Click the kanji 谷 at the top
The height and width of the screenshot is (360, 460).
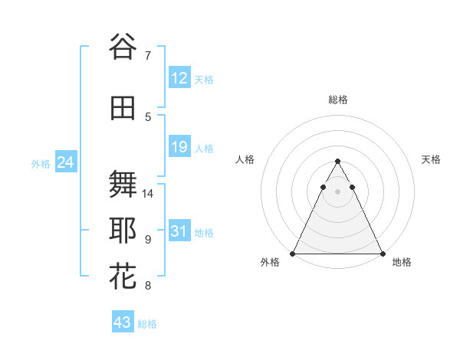tap(123, 47)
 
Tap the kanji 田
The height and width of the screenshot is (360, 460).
tap(123, 109)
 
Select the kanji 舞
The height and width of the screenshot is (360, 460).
tap(123, 185)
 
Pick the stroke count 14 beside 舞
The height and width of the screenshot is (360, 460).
tap(148, 193)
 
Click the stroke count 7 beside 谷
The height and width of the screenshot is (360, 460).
tap(148, 55)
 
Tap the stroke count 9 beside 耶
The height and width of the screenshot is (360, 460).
tap(148, 240)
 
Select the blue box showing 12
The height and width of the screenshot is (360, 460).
tap(179, 78)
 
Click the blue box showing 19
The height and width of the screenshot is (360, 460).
tap(179, 147)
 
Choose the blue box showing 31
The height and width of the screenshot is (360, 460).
tap(179, 231)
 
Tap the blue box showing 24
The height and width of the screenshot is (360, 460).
tap(65, 162)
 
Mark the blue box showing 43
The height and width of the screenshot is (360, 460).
tap(122, 322)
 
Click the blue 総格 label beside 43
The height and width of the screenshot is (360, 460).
tap(147, 324)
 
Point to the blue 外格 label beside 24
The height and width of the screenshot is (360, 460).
tap(41, 164)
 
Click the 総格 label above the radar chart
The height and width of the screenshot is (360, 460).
tap(337, 100)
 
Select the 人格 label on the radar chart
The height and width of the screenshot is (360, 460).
tap(245, 159)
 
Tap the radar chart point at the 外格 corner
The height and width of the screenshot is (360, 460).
tap(293, 254)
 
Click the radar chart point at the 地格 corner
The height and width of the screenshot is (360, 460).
tap(382, 254)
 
